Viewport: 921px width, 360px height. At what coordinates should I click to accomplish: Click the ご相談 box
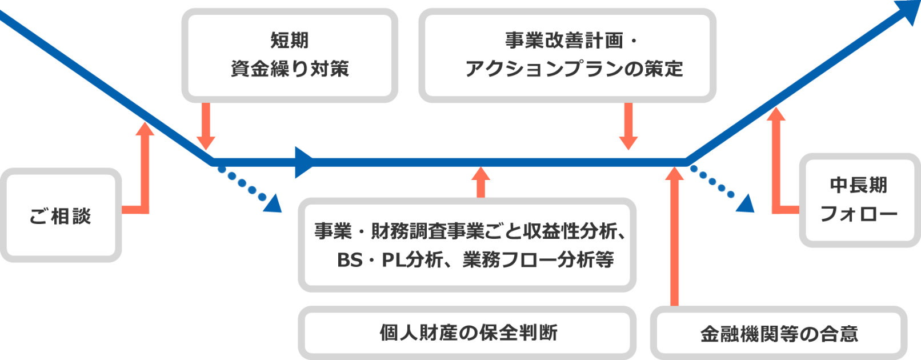[61, 215]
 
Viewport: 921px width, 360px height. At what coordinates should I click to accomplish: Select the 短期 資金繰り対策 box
[290, 55]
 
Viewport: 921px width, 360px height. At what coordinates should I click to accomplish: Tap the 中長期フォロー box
[859, 200]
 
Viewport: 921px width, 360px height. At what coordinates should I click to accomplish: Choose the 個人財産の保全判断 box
[467, 333]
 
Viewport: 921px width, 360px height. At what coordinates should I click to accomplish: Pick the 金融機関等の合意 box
[778, 334]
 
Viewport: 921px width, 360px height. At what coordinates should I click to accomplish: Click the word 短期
[290, 41]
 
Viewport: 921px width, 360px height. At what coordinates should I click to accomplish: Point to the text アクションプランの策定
[574, 69]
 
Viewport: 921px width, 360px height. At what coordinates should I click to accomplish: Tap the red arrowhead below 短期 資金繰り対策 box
[206, 142]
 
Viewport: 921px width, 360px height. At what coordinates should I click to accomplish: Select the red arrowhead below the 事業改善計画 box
[628, 142]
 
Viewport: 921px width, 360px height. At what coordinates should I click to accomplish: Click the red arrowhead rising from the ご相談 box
[145, 129]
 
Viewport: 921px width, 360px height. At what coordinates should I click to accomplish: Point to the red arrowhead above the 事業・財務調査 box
[481, 174]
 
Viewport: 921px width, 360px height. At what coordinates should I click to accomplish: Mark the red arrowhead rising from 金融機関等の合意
[675, 173]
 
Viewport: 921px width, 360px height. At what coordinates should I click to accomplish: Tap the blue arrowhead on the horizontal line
[305, 162]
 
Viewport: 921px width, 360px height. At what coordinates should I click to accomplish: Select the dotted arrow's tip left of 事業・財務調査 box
[274, 205]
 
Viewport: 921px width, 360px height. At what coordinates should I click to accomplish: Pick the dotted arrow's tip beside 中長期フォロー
[745, 204]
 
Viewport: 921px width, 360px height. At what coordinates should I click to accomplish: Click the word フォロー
[859, 214]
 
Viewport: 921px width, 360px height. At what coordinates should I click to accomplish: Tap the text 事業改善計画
[564, 41]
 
